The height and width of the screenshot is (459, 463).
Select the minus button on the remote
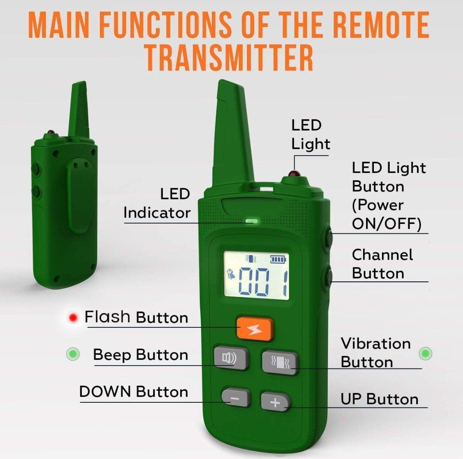236,398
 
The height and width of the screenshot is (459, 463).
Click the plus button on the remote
275,402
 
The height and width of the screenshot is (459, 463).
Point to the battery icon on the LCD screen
279,259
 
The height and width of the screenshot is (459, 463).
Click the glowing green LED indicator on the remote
251,220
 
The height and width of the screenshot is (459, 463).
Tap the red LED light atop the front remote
293,173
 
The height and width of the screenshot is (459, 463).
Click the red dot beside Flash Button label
73,318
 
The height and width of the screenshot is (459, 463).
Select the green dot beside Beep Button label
72,353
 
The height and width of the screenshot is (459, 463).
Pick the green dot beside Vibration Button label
426,353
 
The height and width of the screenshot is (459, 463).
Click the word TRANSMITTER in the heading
229,58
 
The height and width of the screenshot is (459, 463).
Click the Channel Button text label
382,264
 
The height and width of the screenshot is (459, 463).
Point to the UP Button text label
379,399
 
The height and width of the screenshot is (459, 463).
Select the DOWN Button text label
134,392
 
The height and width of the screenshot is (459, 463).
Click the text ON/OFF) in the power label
387,224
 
